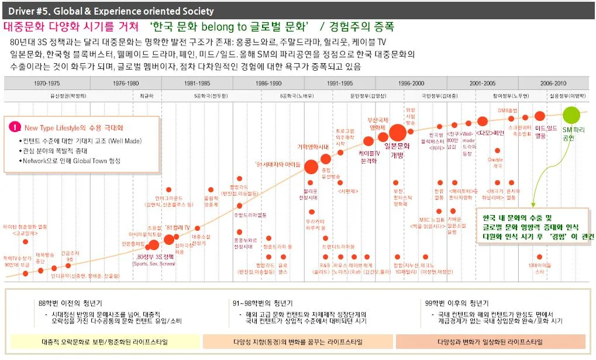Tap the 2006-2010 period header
[553, 84]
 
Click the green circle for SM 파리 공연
[571, 115]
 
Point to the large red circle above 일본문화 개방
[397, 133]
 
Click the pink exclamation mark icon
[16, 127]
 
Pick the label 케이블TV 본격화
[368, 156]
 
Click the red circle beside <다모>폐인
[483, 122]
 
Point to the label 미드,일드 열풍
[546, 131]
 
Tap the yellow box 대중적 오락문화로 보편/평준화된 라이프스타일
[104, 341]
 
